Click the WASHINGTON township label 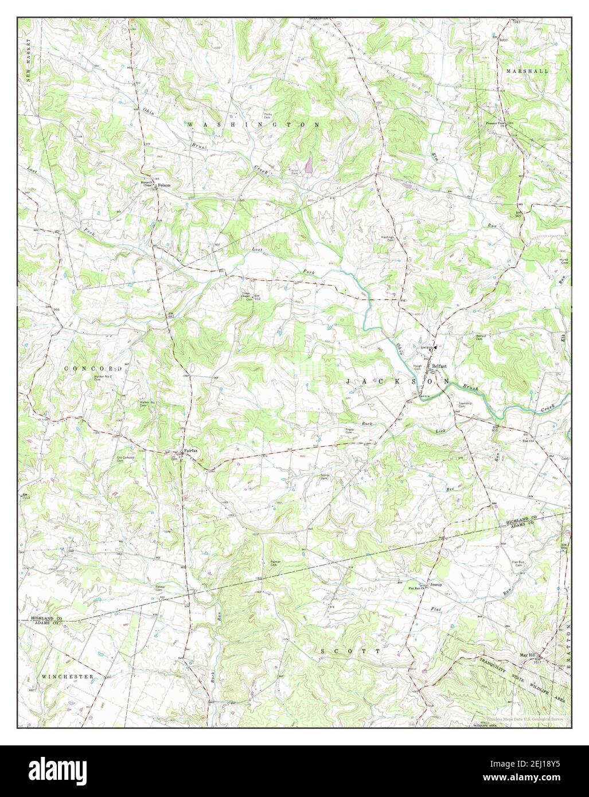click(x=252, y=124)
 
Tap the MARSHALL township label click(x=527, y=71)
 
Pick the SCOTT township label click(x=350, y=651)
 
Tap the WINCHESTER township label click(x=68, y=677)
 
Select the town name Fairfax click(x=191, y=451)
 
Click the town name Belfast click(x=439, y=366)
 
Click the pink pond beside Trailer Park click(x=309, y=166)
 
